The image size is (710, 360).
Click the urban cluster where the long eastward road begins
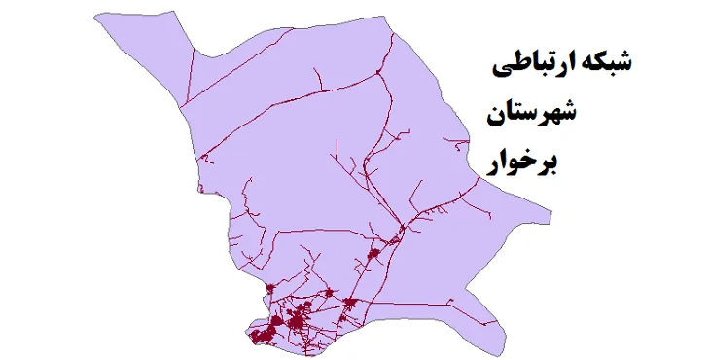coord(396,232)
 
